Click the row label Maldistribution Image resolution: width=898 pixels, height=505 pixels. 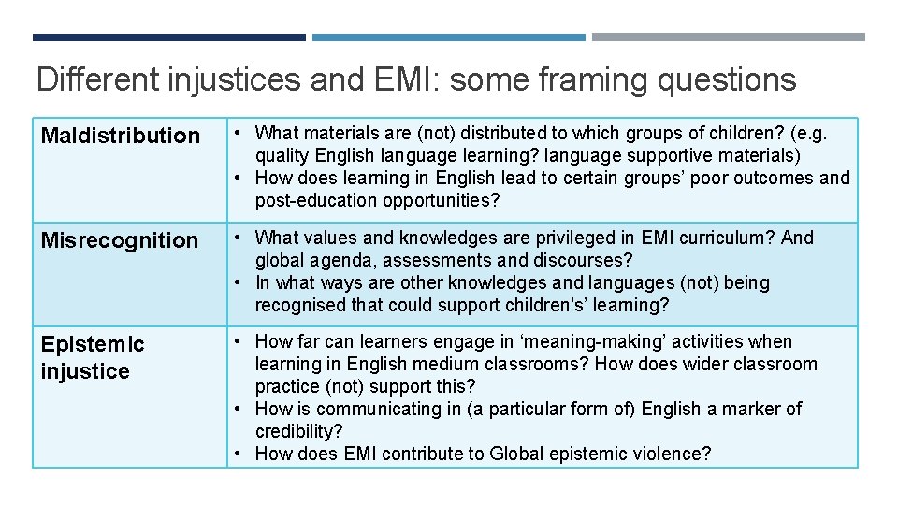pos(120,136)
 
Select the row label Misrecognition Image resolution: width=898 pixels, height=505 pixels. pos(120,240)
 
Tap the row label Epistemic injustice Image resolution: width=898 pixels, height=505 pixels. pos(92,357)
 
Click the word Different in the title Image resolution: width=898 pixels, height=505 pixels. pos(97,80)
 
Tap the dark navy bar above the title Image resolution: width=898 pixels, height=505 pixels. pos(168,37)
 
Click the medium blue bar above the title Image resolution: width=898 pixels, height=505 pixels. pos(448,37)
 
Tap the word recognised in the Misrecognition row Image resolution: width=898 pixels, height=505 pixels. pos(299,305)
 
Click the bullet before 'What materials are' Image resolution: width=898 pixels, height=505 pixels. pos(240,133)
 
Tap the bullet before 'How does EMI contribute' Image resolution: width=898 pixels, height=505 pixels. pos(240,454)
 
